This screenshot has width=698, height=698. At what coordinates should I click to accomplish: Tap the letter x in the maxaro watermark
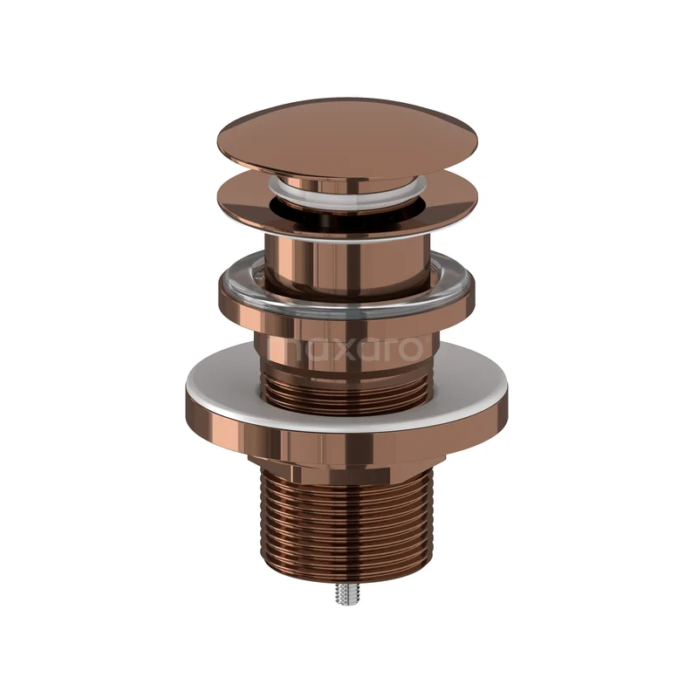[336, 350]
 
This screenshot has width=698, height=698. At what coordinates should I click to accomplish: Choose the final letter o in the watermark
[409, 350]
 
